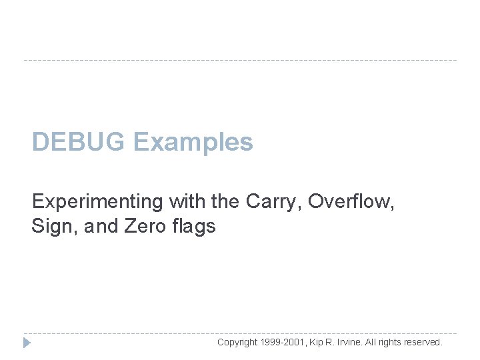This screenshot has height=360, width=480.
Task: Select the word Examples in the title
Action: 193,142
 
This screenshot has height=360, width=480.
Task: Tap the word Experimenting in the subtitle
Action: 99,201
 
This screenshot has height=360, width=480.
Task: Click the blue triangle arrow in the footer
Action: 27,343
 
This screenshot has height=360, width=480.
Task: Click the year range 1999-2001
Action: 283,342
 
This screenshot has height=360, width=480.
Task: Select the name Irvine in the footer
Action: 357,342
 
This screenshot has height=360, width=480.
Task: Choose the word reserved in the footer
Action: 423,342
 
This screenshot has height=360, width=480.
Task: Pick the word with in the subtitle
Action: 187,201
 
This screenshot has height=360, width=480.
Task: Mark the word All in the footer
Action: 377,342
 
